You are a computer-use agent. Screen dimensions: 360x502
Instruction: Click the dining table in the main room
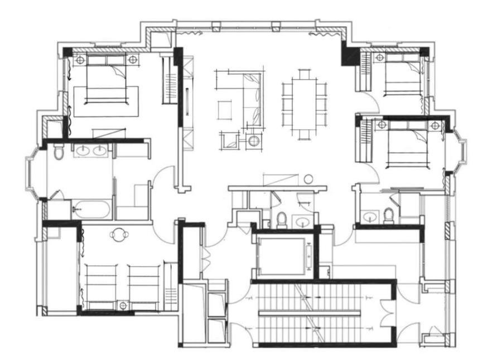[304, 104]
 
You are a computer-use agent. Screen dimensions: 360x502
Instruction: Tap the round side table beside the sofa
[254, 140]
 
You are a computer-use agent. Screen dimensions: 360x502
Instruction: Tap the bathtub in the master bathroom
[92, 210]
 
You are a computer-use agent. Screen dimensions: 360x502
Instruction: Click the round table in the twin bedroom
[119, 235]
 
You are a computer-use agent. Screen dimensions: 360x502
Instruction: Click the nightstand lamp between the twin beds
[123, 304]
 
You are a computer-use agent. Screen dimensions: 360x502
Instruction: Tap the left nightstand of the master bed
[80, 59]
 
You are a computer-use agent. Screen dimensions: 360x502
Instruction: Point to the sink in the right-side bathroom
[369, 216]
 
